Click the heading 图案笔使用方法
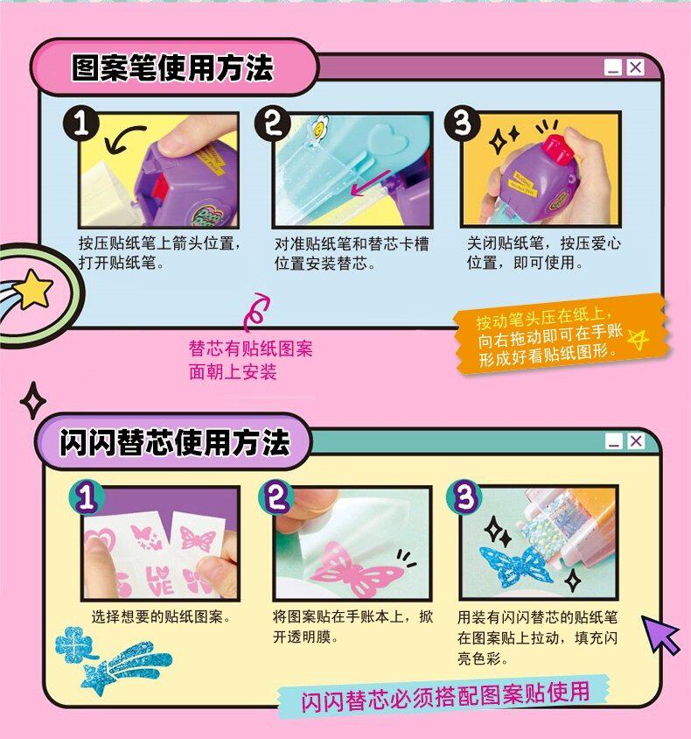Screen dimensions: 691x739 172,67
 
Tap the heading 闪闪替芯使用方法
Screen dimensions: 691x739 175,442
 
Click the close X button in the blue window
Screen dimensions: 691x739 635,67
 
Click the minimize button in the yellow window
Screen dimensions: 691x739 613,441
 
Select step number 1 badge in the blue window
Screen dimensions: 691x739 81,124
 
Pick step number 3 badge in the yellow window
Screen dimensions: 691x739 464,497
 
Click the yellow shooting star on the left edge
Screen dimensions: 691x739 33,288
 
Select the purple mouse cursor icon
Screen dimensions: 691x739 661,633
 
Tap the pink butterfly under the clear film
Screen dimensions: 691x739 356,569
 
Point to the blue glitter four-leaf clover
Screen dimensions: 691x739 73,644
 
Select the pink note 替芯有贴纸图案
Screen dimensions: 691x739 250,348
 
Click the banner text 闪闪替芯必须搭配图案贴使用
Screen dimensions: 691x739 445,697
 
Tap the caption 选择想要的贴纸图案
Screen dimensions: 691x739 161,617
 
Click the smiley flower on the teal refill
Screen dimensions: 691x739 320,126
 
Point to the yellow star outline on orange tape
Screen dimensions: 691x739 639,338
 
